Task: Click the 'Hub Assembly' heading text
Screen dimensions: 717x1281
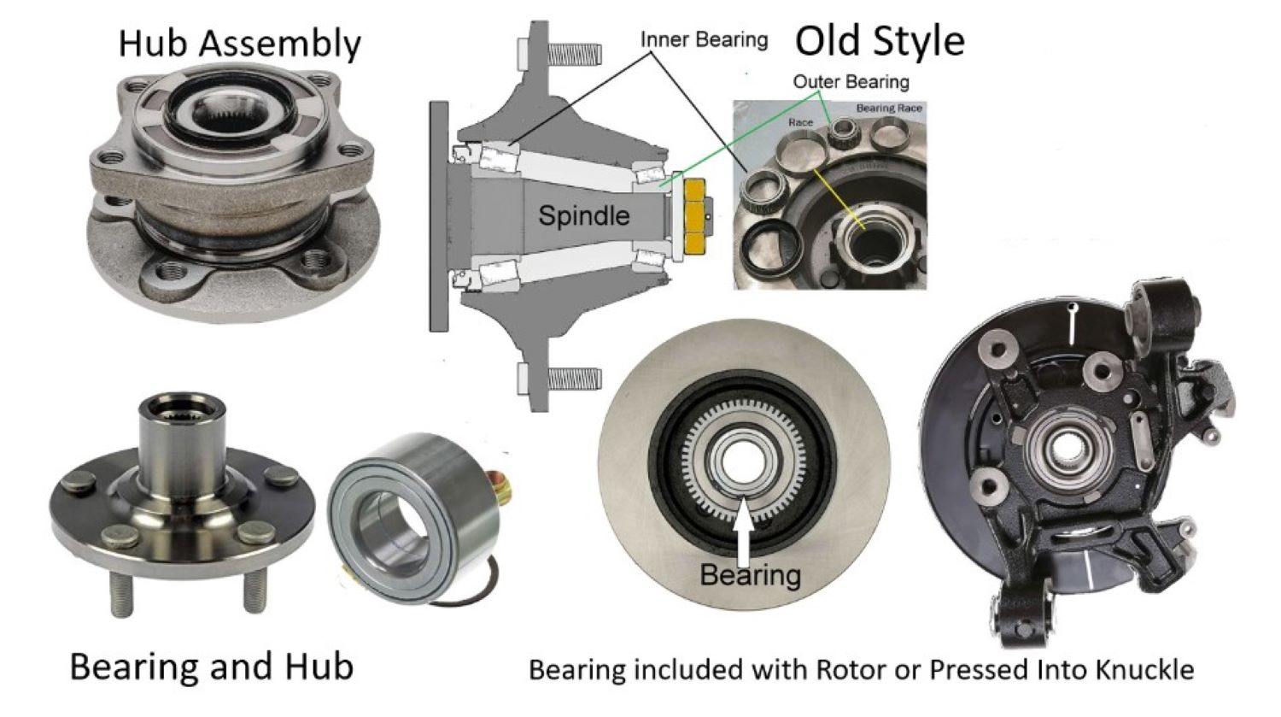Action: point(240,44)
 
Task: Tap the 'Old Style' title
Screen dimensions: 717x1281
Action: point(880,40)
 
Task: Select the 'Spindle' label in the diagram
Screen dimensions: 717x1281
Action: point(583,215)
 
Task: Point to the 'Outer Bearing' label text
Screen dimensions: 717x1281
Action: point(851,82)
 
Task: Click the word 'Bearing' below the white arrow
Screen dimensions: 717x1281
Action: point(750,574)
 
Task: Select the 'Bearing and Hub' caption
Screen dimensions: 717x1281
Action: point(211,667)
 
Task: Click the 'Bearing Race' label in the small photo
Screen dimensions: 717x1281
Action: point(889,109)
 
